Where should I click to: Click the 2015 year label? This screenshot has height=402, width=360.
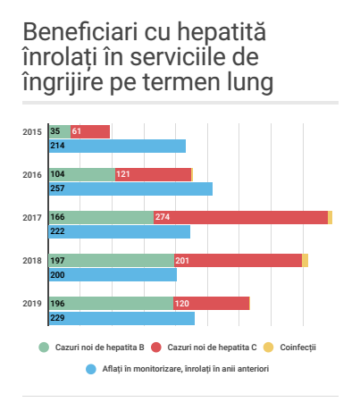pyautogui.click(x=32, y=132)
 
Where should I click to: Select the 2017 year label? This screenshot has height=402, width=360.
pyautogui.click(x=32, y=218)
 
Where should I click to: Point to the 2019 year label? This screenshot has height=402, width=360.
pyautogui.click(x=32, y=304)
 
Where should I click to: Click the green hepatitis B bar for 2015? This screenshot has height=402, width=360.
pyautogui.click(x=60, y=131)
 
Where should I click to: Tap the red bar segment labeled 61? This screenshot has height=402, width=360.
pyautogui.click(x=90, y=131)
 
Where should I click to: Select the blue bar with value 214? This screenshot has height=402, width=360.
pyautogui.click(x=117, y=146)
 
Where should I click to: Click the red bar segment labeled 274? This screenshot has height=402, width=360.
pyautogui.click(x=240, y=217)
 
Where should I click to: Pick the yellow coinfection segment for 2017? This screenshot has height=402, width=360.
pyautogui.click(x=330, y=217)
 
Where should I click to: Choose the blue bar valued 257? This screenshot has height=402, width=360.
pyautogui.click(x=130, y=188)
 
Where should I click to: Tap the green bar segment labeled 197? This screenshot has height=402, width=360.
pyautogui.click(x=112, y=260)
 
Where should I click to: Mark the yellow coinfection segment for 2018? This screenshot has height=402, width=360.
pyautogui.click(x=305, y=260)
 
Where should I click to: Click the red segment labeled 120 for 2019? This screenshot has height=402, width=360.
pyautogui.click(x=211, y=303)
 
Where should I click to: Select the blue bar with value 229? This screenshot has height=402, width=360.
pyautogui.click(x=121, y=318)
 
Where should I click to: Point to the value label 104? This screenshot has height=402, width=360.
pyautogui.click(x=57, y=174)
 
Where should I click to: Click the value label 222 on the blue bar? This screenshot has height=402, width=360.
pyautogui.click(x=57, y=231)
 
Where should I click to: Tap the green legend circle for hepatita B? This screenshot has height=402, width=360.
pyautogui.click(x=44, y=348)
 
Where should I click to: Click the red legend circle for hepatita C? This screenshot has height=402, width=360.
pyautogui.click(x=156, y=348)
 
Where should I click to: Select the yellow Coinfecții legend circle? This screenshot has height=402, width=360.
pyautogui.click(x=268, y=348)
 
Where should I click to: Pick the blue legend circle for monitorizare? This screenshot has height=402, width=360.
pyautogui.click(x=91, y=369)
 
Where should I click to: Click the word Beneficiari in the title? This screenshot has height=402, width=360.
pyautogui.click(x=80, y=31)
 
